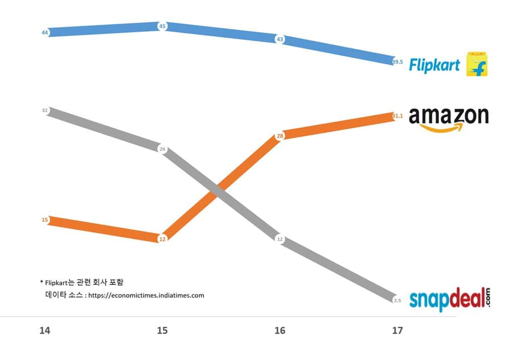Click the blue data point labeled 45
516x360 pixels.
[162, 26]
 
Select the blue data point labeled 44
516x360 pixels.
[45, 32]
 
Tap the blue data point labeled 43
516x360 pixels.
[280, 39]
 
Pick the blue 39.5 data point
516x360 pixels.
[397, 62]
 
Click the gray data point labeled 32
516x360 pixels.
[45, 110]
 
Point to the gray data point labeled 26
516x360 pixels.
[162, 149]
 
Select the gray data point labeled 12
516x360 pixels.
[280, 239]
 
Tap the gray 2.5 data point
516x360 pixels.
[397, 301]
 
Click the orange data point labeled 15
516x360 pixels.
[45, 220]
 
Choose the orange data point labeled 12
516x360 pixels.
[162, 239]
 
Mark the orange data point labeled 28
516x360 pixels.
[280, 136]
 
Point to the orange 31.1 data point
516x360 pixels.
[397, 116]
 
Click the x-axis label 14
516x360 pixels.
[45, 331]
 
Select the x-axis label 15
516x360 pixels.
[162, 331]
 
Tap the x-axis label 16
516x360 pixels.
[280, 331]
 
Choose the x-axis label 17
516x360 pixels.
[397, 331]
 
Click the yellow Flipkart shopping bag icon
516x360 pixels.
[477, 64]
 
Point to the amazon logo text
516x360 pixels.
[448, 116]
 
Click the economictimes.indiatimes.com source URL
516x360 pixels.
[146, 295]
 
